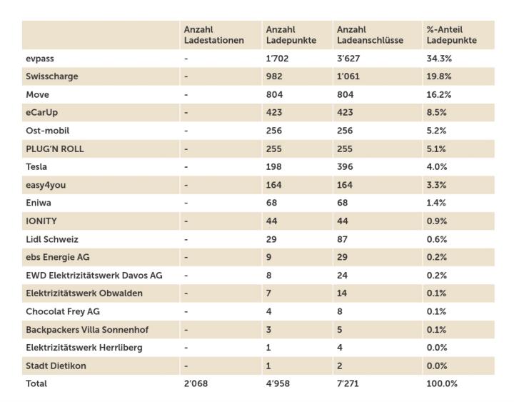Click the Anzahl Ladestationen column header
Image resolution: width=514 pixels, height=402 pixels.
(213, 35)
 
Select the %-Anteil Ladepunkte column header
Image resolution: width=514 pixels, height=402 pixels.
(451, 35)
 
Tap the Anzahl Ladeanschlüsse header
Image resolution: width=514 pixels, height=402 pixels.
(370, 35)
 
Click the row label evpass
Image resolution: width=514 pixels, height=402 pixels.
(40, 59)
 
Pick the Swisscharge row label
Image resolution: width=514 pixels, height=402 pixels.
(52, 76)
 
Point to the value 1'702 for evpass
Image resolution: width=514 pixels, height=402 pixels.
(277, 59)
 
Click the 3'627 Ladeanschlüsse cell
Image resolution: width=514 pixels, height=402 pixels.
(348, 59)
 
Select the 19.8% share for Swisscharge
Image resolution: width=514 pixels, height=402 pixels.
(439, 76)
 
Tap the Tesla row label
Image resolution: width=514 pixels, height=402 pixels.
(36, 166)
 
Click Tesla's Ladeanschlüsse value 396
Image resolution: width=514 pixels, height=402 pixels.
(345, 166)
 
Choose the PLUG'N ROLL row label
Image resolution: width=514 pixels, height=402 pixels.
(55, 149)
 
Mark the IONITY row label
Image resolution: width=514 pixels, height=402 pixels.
(41, 221)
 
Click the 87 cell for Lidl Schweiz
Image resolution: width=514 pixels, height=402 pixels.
(342, 239)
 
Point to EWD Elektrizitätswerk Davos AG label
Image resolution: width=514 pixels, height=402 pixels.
(94, 275)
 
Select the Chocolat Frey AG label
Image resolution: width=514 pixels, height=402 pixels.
(63, 311)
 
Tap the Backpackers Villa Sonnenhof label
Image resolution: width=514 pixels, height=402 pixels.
(87, 330)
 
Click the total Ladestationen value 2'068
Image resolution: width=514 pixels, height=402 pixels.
(196, 383)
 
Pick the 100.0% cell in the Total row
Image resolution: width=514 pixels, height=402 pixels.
(442, 383)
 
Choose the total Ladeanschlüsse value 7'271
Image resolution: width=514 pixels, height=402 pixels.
(348, 383)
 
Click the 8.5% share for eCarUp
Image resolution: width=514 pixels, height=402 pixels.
(436, 113)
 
